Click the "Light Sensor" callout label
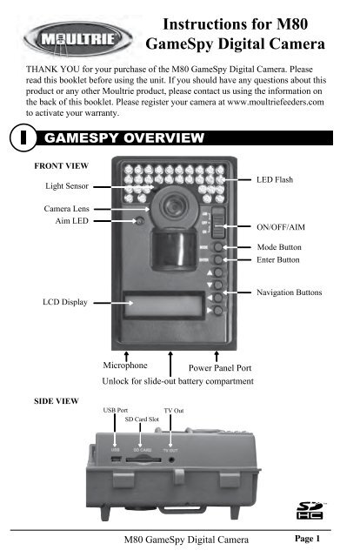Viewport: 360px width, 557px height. [x=65, y=186]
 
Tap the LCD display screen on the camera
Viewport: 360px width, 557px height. [x=166, y=306]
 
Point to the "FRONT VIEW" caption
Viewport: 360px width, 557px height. [x=58, y=164]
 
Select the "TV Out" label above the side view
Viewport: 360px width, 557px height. [x=174, y=408]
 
